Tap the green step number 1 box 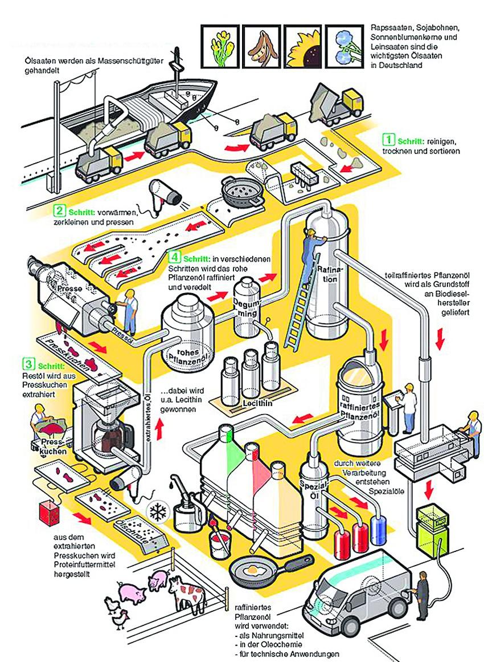pos(388,139)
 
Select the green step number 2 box pos(59,210)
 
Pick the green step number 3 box pos(27,363)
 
